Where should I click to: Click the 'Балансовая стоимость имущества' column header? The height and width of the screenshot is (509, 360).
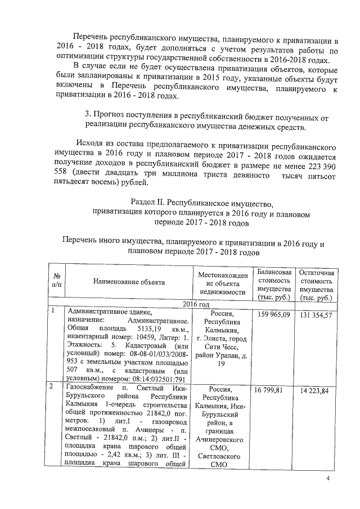pos(274,284)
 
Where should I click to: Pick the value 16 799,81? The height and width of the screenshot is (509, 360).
pos(274,389)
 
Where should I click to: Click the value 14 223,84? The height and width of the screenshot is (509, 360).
pos(317,389)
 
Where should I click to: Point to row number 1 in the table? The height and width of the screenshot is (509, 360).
pos(52,312)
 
